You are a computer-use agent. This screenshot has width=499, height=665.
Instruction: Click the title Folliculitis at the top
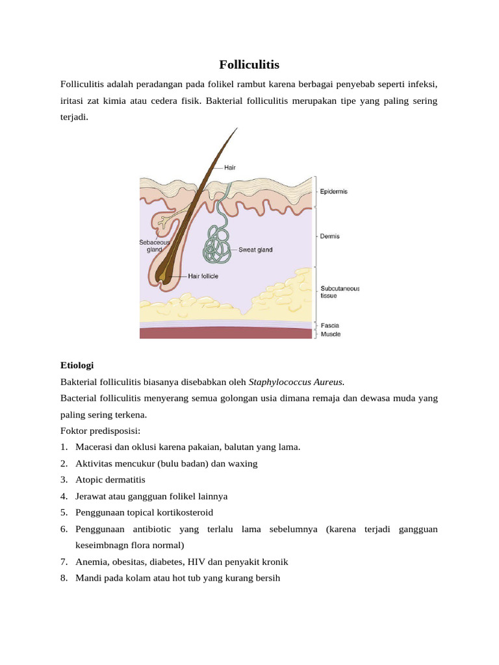tap(249, 65)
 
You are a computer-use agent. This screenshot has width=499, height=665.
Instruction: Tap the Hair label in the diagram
tap(229, 167)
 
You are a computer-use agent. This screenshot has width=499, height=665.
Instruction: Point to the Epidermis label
tap(333, 192)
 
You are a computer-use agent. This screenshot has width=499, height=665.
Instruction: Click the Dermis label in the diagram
tap(329, 236)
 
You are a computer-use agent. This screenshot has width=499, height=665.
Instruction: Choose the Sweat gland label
tap(256, 249)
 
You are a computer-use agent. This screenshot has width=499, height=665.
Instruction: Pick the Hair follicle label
tap(203, 276)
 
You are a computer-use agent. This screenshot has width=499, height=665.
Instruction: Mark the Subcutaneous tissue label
tap(339, 292)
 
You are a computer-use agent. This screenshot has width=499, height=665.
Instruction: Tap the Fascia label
tap(329, 325)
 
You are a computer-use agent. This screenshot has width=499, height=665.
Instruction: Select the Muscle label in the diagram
tap(330, 334)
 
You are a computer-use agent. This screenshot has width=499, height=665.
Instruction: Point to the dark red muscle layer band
tap(227, 333)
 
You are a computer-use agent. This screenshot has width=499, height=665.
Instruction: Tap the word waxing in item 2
tap(242, 464)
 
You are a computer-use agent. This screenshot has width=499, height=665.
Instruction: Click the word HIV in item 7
tap(196, 562)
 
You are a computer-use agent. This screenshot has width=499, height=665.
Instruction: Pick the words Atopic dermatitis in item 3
tap(110, 480)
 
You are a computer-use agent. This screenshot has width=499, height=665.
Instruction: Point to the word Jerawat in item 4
tap(92, 496)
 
